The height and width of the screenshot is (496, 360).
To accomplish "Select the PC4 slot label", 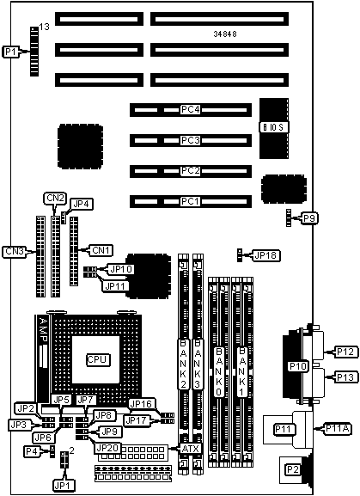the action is click(191, 109).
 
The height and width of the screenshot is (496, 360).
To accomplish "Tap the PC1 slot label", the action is click(191, 201).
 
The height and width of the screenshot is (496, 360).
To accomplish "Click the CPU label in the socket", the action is click(98, 359).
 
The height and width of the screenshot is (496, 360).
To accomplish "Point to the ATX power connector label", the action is click(191, 448).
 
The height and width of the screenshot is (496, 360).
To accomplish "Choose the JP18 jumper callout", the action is click(265, 255).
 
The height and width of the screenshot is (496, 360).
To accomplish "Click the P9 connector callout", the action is click(309, 218).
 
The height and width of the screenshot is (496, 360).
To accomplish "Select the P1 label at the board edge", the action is click(11, 52).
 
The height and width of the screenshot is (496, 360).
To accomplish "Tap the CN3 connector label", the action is click(15, 252).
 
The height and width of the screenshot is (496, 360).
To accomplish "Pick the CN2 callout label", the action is click(55, 199).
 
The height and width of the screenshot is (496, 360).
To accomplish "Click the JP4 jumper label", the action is click(82, 204).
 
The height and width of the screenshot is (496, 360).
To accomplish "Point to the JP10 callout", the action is click(121, 269).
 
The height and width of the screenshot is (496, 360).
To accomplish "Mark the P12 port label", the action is click(346, 352).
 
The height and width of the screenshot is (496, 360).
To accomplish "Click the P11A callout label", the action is click(338, 429).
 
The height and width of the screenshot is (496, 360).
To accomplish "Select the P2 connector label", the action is click(293, 469).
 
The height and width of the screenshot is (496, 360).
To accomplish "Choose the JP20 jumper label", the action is click(107, 448).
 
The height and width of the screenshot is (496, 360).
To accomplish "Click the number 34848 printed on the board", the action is click(225, 34).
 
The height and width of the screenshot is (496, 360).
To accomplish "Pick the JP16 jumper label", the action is click(142, 404).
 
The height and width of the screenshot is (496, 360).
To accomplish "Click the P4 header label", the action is click(33, 451).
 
